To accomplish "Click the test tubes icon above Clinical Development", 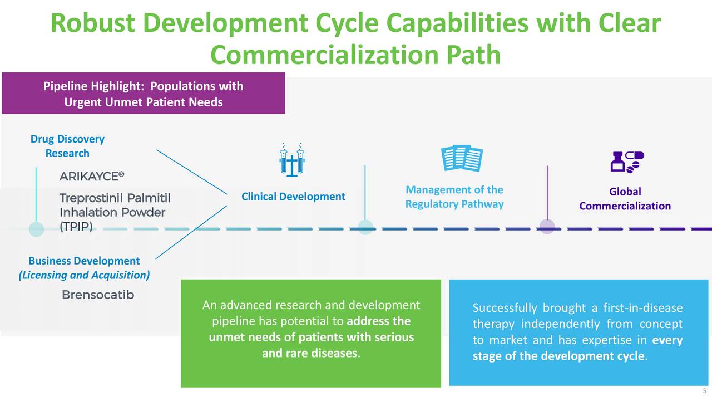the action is (292, 160).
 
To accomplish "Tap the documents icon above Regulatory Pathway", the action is (462, 158).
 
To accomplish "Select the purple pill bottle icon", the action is (627, 162).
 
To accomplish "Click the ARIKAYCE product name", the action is (92, 176).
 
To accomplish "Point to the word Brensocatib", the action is (98, 295).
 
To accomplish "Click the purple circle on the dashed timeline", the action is (547, 227).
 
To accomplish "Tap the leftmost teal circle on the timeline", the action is (36, 229).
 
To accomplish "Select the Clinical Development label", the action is (293, 197).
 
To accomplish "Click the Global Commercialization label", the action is (625, 199).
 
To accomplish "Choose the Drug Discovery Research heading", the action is (67, 146).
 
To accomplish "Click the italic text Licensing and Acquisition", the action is (84, 275).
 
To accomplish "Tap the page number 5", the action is (704, 391).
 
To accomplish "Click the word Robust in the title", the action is (93, 23).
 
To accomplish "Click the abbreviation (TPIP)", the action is (76, 227).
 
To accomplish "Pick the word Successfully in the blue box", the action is (505, 308).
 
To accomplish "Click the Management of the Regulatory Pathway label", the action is (454, 197).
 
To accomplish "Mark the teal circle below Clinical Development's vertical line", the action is (365, 227).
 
